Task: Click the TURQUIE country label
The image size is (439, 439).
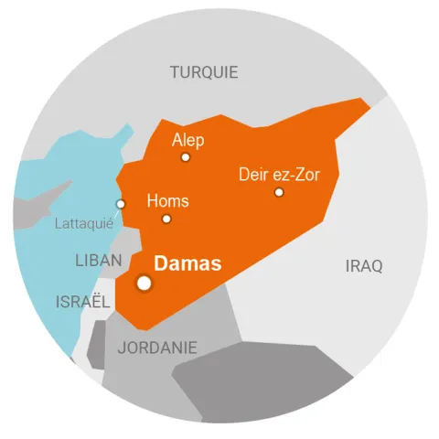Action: click(x=204, y=72)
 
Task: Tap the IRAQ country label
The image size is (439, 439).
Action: click(x=364, y=266)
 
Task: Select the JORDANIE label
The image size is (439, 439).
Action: click(x=157, y=348)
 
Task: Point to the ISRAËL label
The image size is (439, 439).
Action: click(x=83, y=301)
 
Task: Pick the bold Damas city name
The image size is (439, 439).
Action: click(x=187, y=265)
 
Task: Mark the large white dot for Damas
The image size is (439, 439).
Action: click(x=144, y=283)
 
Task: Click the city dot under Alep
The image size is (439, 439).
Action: click(x=186, y=157)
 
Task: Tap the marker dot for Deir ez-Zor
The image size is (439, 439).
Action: click(x=279, y=192)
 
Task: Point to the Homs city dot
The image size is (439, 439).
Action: click(x=166, y=219)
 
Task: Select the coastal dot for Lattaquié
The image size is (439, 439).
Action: click(x=120, y=204)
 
